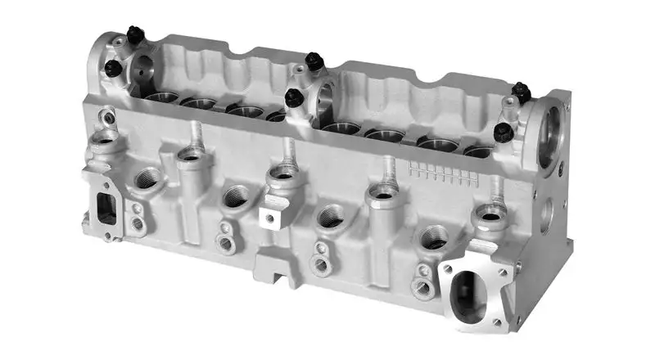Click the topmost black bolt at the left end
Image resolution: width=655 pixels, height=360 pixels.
click(135, 35)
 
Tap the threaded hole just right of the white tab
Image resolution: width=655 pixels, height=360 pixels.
click(330, 217)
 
